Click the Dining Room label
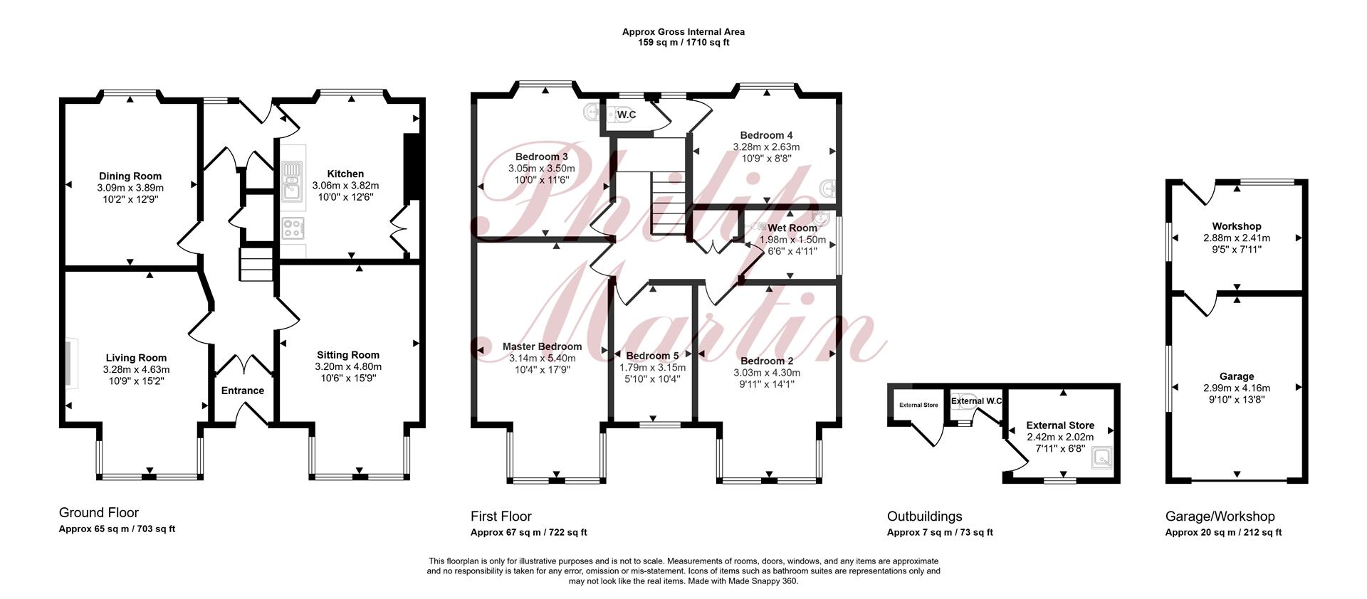tap(130, 176)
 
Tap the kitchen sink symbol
tap(293, 181)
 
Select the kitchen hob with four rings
tap(293, 228)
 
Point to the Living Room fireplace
tap(71, 363)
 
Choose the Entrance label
tap(243, 391)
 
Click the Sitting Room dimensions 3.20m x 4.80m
tap(348, 367)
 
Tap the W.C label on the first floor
tap(627, 115)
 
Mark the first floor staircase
tap(669, 203)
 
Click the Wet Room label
tap(792, 228)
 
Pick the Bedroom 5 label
tap(653, 356)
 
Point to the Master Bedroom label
tap(543, 346)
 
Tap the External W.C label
tap(977, 401)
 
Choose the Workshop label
tap(1237, 226)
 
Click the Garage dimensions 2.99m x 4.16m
tap(1237, 388)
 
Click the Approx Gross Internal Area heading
tap(683, 32)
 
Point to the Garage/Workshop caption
tap(1220, 516)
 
